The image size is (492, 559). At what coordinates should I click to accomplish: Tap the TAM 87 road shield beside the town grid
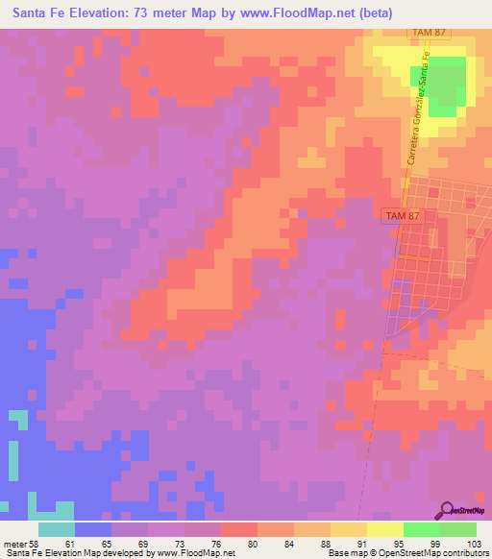click(402, 217)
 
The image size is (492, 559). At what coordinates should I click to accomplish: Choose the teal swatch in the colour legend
click(56, 529)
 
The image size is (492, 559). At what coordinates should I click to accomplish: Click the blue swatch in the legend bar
click(92, 529)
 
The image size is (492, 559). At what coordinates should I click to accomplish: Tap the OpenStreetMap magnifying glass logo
click(448, 511)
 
